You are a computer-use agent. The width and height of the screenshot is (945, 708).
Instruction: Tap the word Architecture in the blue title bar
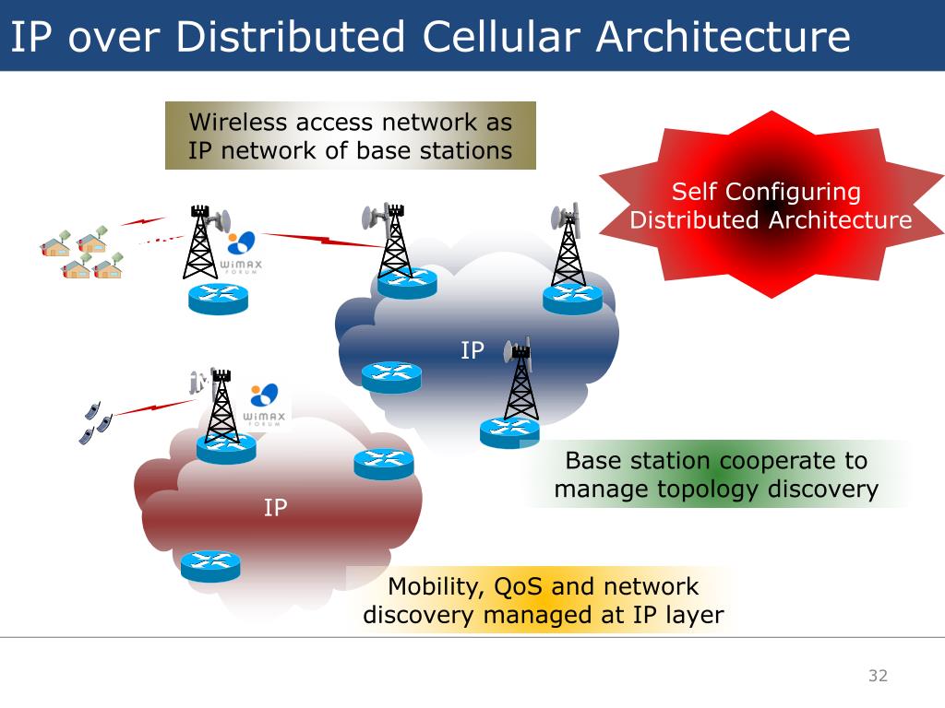(x=723, y=36)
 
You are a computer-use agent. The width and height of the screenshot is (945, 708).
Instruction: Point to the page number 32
(x=878, y=676)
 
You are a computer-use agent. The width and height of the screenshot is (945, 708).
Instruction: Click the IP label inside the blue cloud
(x=472, y=350)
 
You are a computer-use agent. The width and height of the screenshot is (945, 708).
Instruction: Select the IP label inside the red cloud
(x=275, y=508)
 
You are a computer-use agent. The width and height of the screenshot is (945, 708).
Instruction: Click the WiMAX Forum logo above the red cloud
(x=265, y=407)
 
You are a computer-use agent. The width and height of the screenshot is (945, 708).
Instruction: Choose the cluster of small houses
(x=81, y=254)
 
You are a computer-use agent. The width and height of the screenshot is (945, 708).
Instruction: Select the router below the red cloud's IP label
(x=210, y=565)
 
